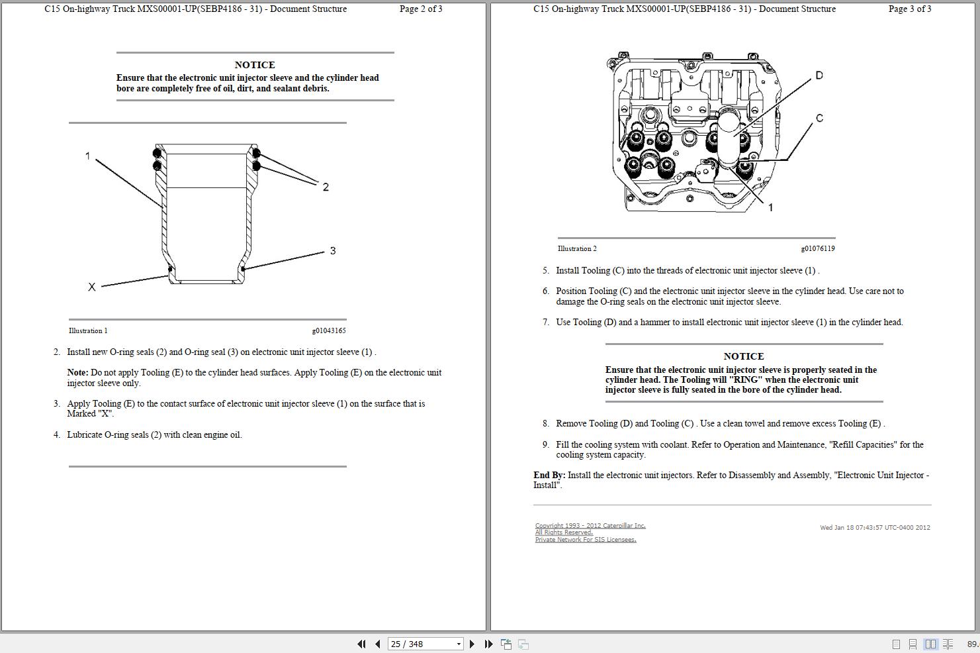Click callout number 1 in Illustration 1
[87, 156]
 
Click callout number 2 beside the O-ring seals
[326, 187]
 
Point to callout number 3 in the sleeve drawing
[333, 251]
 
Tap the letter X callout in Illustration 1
[92, 287]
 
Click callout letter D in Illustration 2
[819, 75]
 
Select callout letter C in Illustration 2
[819, 119]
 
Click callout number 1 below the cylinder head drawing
[770, 208]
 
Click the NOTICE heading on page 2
[255, 65]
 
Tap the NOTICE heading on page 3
[744, 356]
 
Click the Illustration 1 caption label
[88, 330]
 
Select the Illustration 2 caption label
[577, 249]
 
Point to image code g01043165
[329, 330]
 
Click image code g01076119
[818, 249]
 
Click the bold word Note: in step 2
[77, 373]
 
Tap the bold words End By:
[549, 476]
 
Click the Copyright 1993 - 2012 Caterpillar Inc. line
[590, 526]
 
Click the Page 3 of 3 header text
[910, 9]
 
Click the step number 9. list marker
[546, 445]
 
